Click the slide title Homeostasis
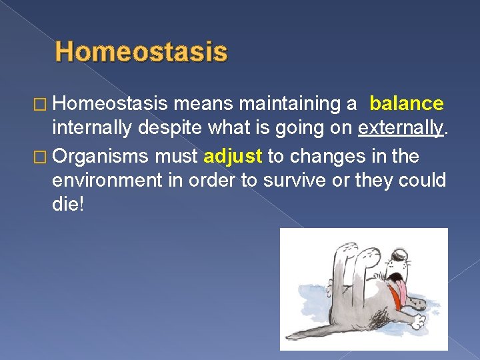tap(141, 52)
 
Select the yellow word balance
tap(406, 103)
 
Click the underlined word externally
tap(400, 127)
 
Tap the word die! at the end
tap(68, 205)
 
